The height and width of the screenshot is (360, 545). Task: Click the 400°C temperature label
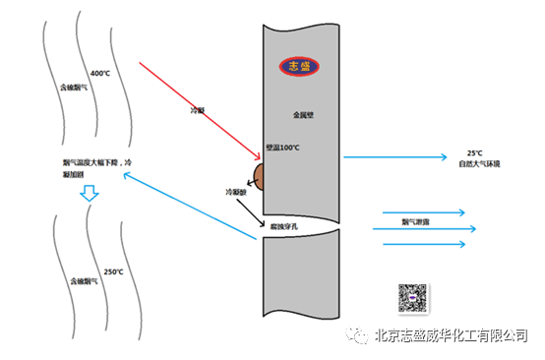click(100, 74)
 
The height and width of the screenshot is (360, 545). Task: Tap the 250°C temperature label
click(112, 271)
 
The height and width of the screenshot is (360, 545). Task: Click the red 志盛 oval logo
click(296, 67)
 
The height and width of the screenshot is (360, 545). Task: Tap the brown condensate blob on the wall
click(260, 176)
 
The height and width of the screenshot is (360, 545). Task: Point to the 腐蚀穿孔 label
click(284, 226)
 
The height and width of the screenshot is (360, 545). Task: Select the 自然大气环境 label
click(479, 163)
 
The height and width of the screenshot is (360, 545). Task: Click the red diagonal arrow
click(196, 110)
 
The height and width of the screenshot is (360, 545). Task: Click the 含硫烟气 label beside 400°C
click(73, 88)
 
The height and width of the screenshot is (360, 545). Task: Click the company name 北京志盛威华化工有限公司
click(452, 336)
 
